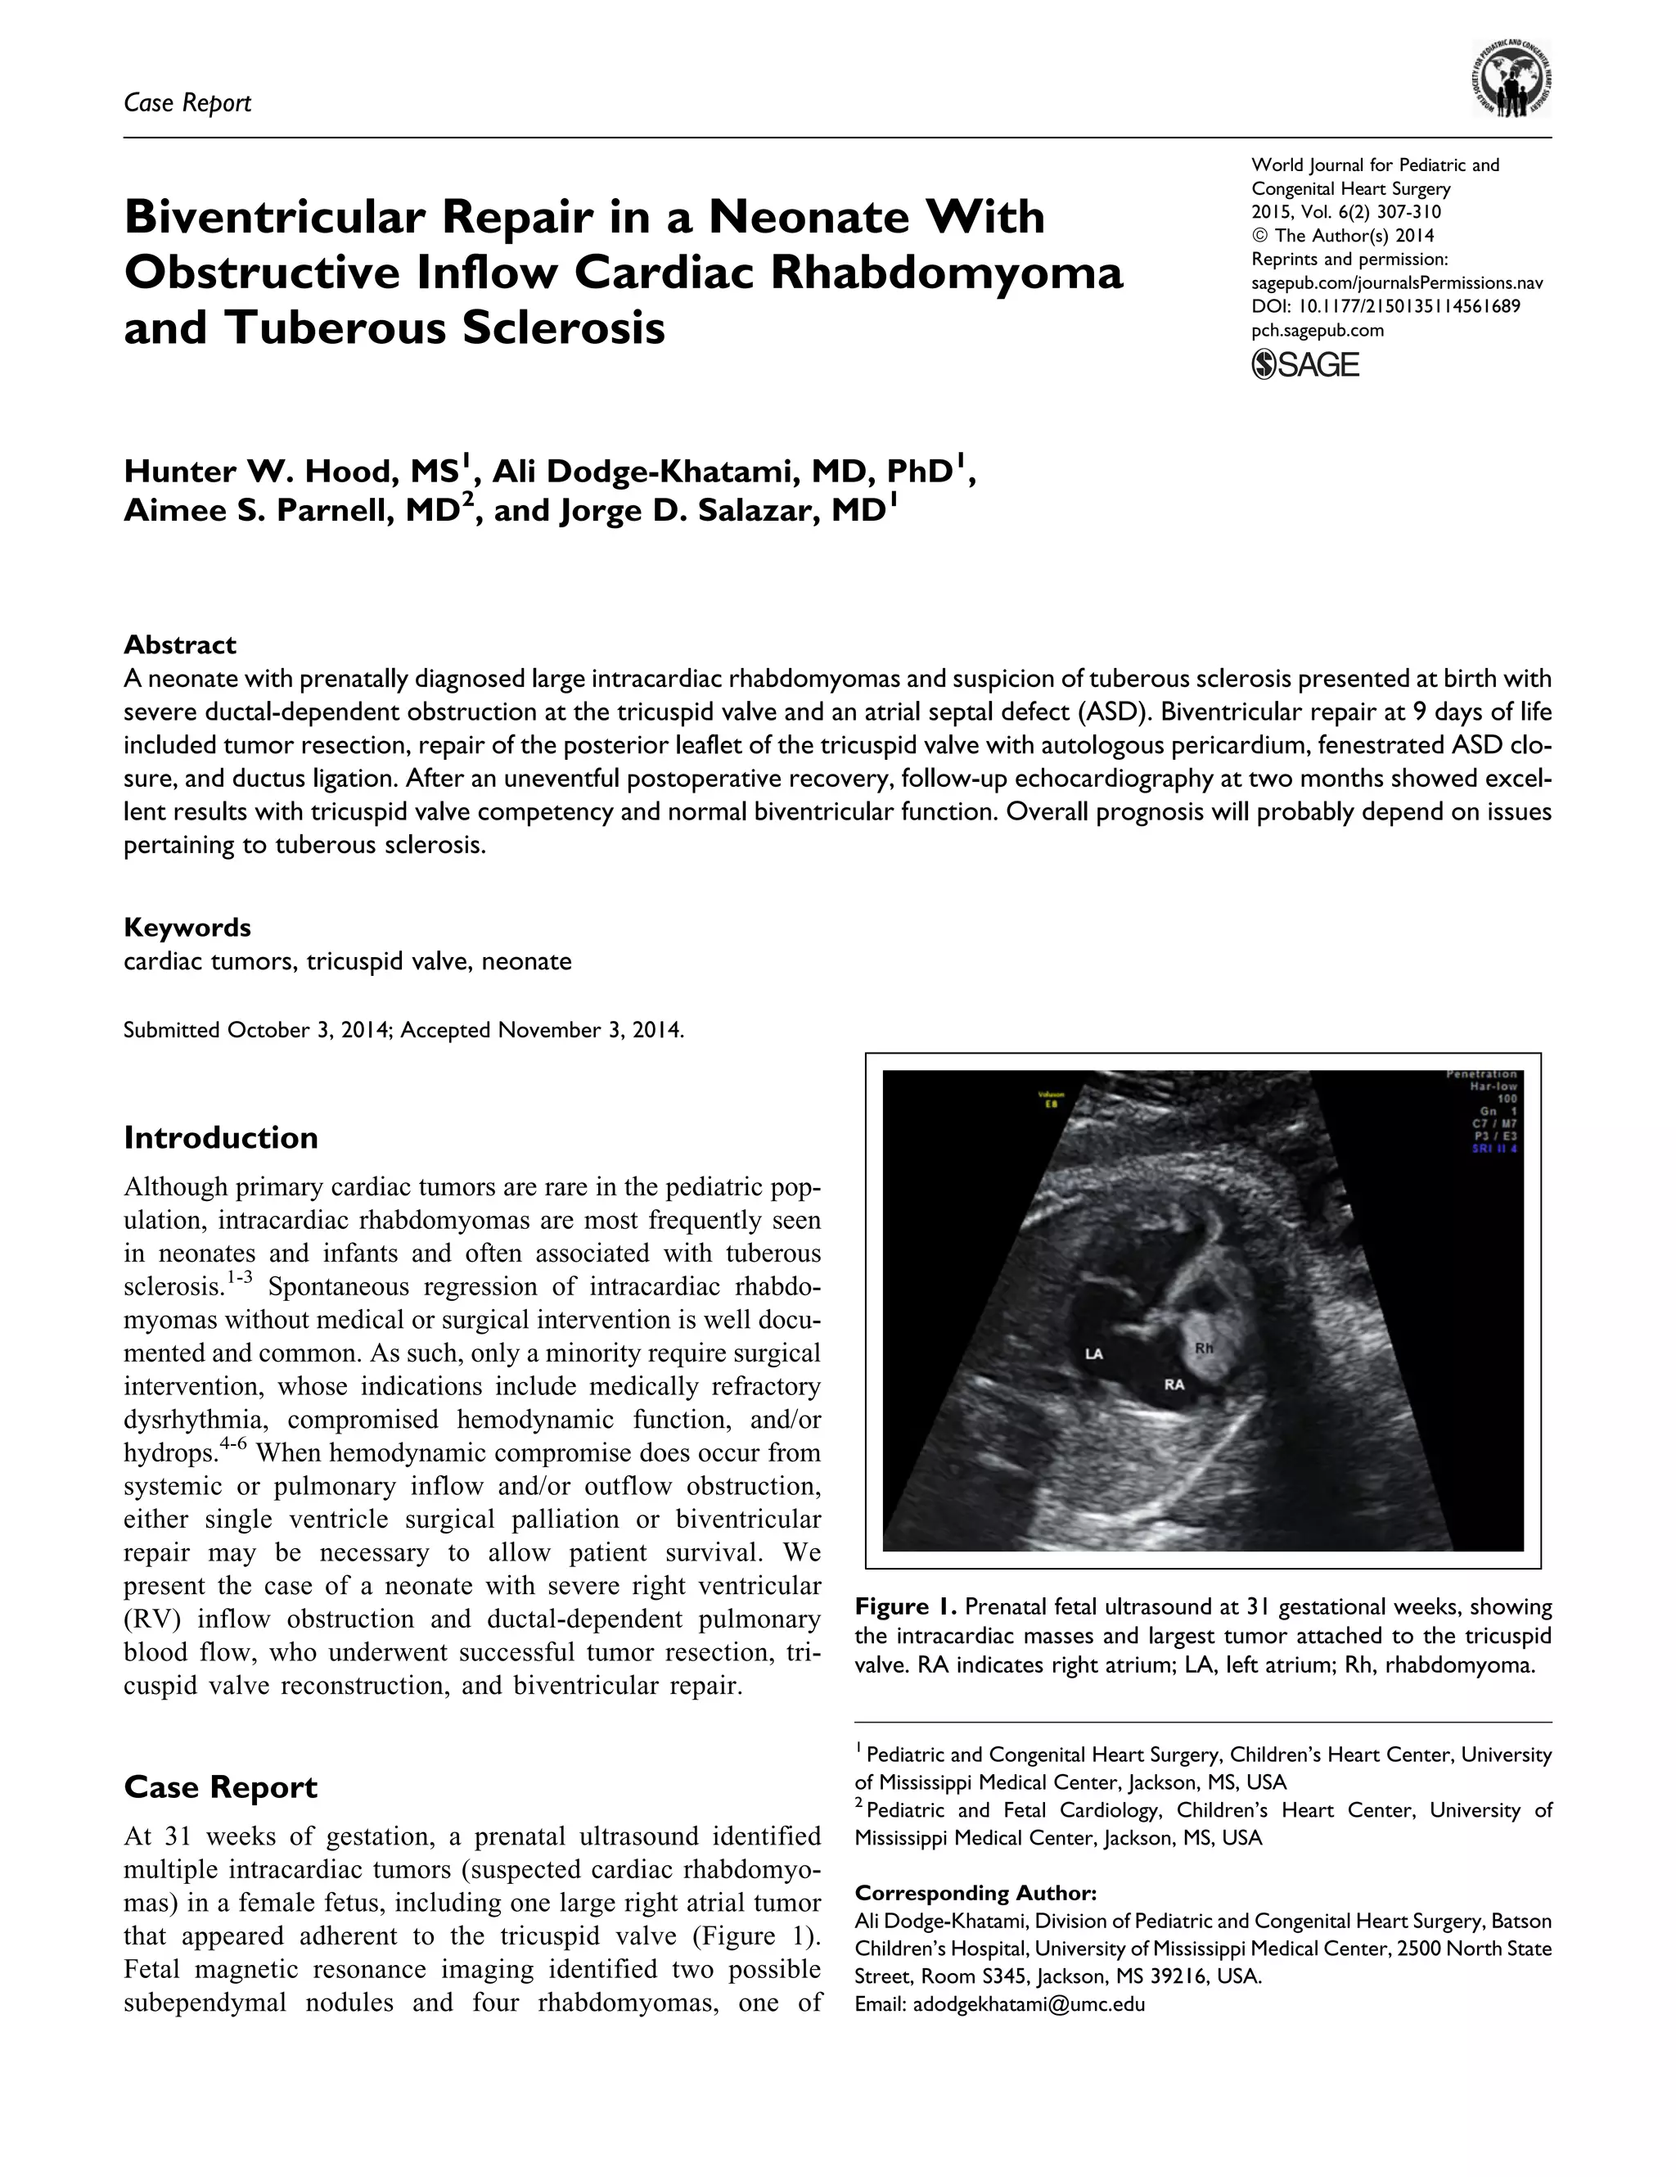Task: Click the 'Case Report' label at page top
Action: tap(187, 102)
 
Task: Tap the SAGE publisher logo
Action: tap(1304, 365)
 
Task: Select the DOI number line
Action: tap(1385, 306)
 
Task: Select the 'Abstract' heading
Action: tap(179, 645)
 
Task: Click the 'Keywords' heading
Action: tap(187, 927)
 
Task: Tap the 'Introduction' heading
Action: tap(220, 1137)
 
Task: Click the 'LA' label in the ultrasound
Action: tap(1093, 1353)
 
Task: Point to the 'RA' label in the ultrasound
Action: tap(1175, 1384)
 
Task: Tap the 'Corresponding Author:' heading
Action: tap(975, 1893)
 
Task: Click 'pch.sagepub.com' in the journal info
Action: tap(1318, 330)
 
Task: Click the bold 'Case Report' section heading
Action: tap(220, 1787)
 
